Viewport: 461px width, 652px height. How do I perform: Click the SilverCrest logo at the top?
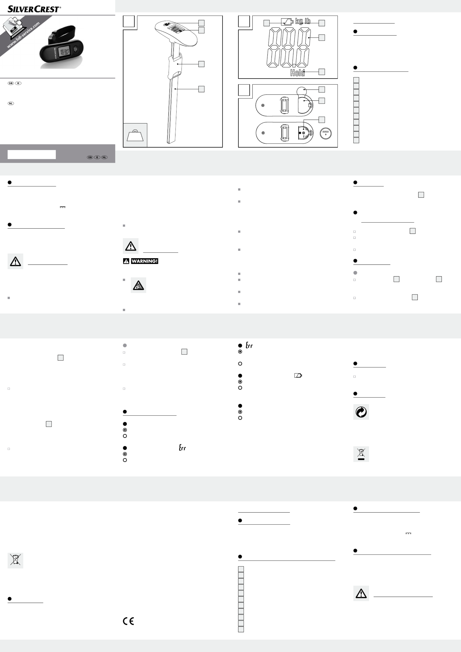tap(34, 9)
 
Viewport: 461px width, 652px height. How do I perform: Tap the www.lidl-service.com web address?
tap(23, 35)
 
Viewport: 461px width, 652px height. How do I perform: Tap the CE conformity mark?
tap(128, 621)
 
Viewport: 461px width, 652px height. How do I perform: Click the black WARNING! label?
tap(145, 261)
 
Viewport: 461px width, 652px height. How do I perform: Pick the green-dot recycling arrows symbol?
tap(361, 412)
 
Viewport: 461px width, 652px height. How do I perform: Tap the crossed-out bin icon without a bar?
tap(15, 561)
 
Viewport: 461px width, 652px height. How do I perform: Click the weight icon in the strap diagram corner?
tap(135, 135)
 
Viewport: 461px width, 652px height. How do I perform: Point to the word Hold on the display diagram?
tap(297, 73)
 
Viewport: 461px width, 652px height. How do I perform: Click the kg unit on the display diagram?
tap(299, 21)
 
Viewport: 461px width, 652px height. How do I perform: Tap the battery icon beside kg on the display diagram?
tap(287, 22)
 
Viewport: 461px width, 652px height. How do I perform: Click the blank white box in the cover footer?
tap(32, 155)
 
